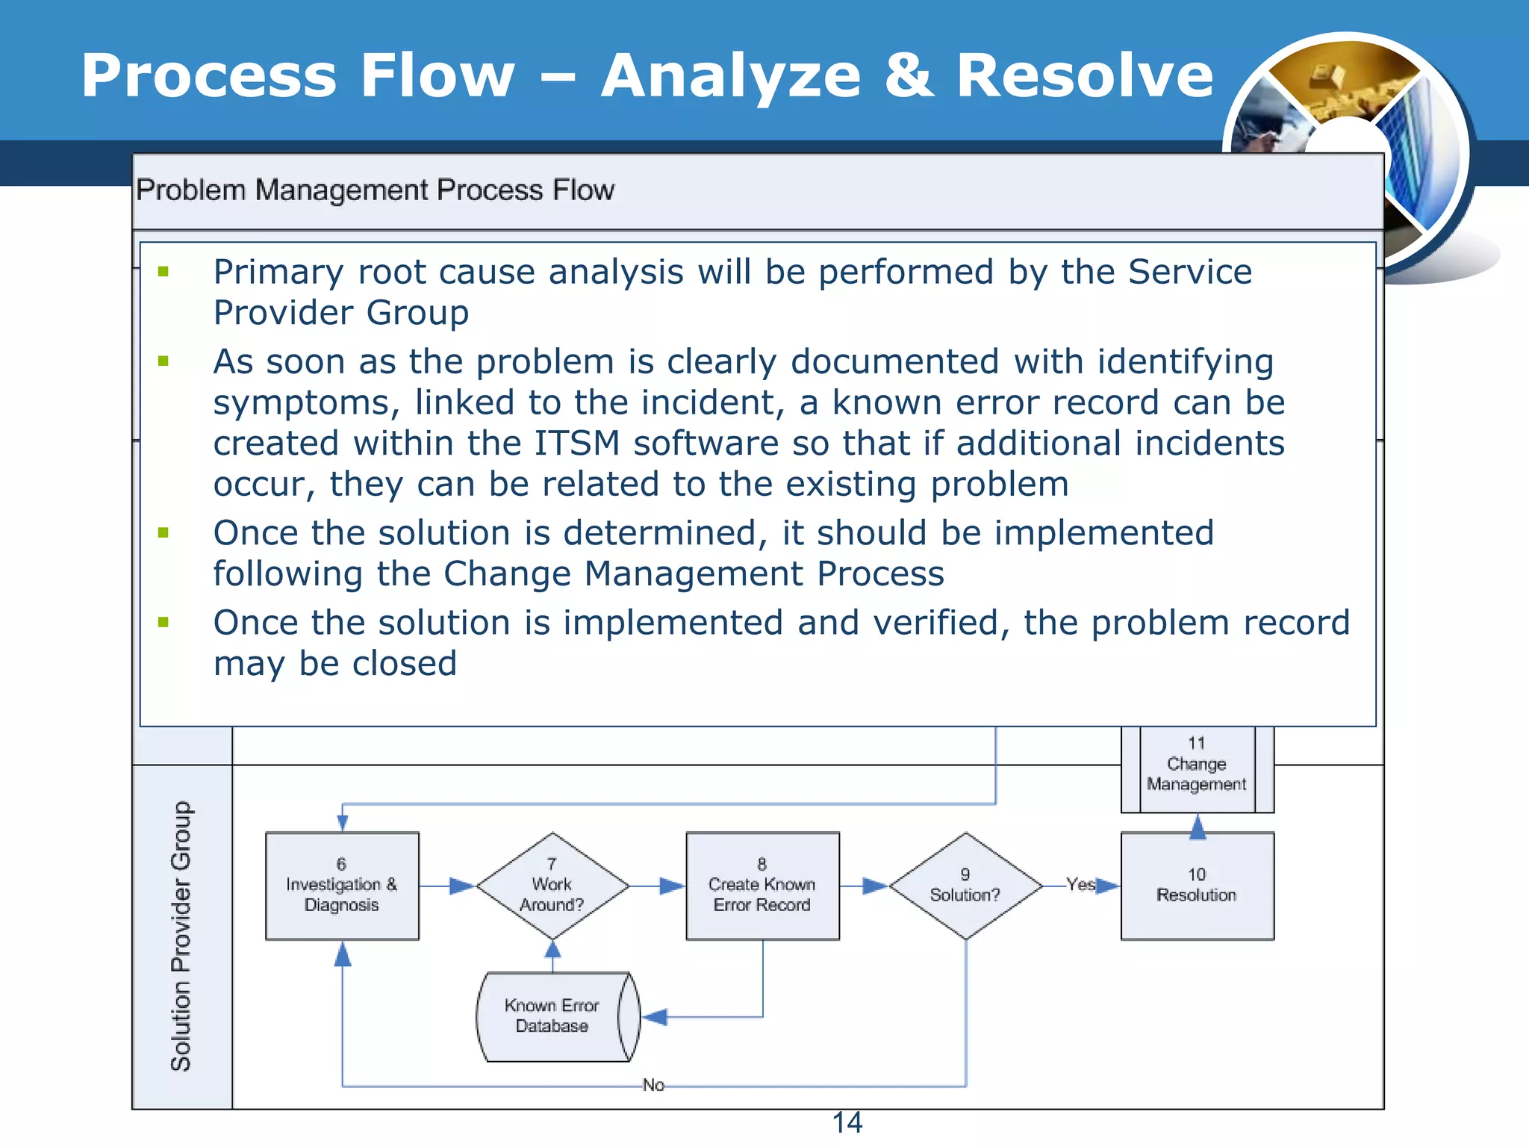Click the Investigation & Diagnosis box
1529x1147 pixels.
pos(342,886)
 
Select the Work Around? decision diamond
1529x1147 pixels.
pos(552,886)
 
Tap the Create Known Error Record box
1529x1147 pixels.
pos(762,886)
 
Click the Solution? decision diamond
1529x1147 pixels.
pos(965,886)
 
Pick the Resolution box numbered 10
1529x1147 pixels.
pos(1197,886)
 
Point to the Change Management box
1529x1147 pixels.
pos(1197,765)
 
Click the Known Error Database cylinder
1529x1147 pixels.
pos(552,1016)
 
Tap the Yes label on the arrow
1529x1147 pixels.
pos(1080,884)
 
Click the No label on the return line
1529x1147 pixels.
pos(653,1085)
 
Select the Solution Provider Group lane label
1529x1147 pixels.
pos(181,936)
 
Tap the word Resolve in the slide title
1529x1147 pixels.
pos(1085,76)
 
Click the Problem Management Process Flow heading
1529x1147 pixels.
pos(375,190)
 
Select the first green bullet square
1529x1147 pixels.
pos(164,272)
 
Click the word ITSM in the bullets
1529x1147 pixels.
pos(576,443)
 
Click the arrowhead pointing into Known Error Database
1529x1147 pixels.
pos(655,1017)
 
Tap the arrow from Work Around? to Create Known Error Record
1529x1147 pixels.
pos(661,886)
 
